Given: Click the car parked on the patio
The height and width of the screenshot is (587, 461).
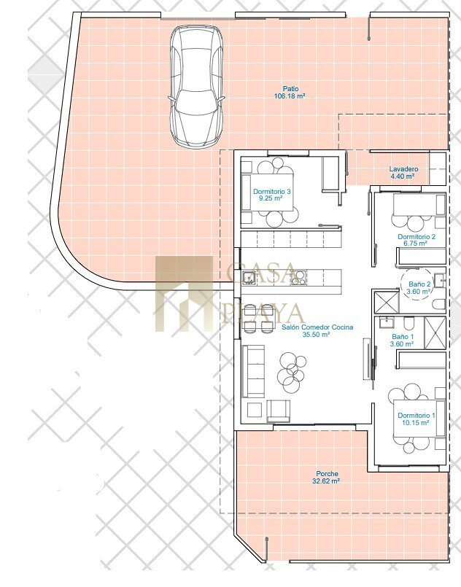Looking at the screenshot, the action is tap(197, 87).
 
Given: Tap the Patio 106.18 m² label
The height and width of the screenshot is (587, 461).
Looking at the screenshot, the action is tap(290, 93).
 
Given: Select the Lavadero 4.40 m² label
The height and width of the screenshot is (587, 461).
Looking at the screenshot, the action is tap(403, 173).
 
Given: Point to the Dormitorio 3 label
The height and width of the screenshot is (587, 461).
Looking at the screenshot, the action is tap(272, 191).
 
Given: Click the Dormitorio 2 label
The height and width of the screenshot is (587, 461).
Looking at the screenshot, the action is tap(417, 236).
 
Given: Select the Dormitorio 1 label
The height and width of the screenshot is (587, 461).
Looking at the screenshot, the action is tap(417, 415).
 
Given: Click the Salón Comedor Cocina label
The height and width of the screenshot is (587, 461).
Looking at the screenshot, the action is tap(317, 327).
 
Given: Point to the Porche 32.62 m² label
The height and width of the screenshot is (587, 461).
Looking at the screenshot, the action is tap(327, 478).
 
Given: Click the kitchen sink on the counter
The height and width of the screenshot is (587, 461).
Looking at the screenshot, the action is tap(249, 277).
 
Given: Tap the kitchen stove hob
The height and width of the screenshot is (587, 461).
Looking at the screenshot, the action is tap(298, 277).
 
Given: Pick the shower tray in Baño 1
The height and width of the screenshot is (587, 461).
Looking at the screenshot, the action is tap(435, 333).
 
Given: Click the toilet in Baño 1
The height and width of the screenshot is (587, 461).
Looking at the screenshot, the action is tap(408, 323).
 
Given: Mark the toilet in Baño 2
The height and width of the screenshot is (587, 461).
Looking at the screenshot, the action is tap(438, 303).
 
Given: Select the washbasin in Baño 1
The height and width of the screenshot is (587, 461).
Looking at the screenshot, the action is tap(385, 322).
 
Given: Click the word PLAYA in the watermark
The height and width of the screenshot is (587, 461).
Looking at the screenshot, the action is tap(262, 314).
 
